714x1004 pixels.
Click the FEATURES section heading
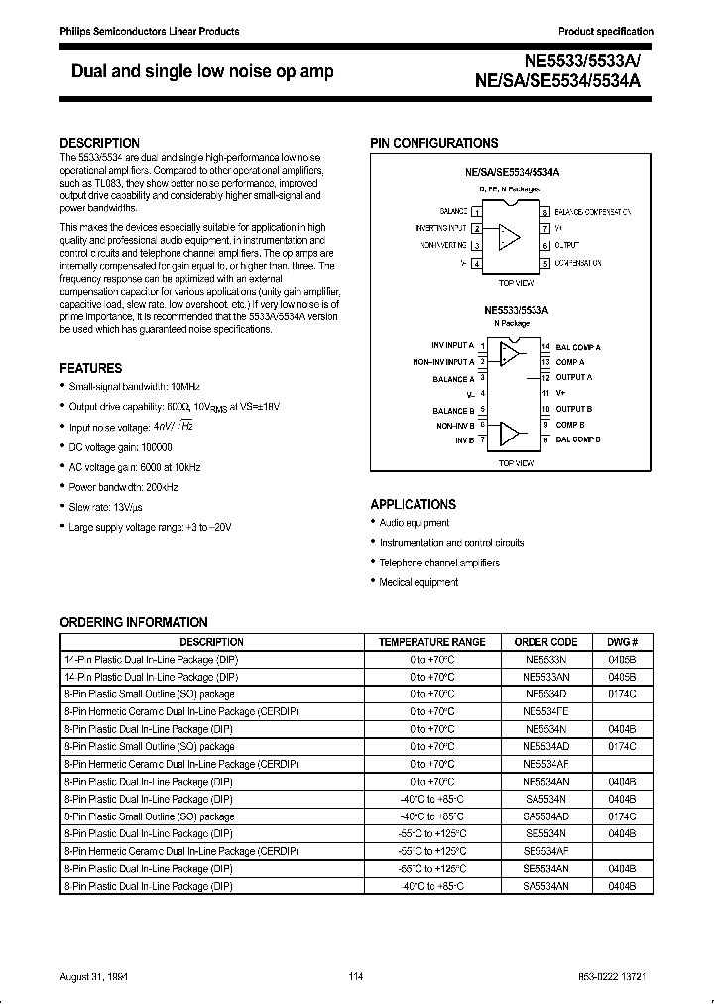[91, 367]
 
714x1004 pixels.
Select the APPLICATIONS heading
[414, 504]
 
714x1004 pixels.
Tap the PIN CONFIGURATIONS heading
[434, 143]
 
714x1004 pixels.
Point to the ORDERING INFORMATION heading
[134, 622]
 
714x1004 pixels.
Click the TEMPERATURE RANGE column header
[431, 642]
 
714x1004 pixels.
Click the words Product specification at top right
[605, 31]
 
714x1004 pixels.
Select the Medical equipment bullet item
[418, 583]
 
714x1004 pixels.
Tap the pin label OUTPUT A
[573, 378]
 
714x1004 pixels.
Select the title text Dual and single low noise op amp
[202, 71]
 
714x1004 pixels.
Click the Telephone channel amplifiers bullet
[439, 563]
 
